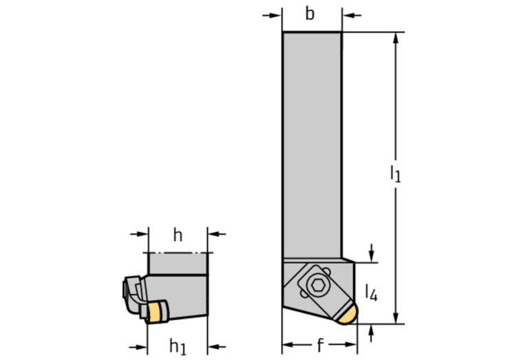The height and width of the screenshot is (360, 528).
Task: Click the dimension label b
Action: point(310,14)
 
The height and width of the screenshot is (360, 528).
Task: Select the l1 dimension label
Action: point(395,173)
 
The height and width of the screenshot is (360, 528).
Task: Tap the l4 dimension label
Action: point(372,293)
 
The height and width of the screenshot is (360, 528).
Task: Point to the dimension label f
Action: point(320,345)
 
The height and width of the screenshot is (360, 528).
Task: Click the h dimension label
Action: point(178,235)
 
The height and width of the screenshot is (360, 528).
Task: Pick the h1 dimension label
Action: point(178,346)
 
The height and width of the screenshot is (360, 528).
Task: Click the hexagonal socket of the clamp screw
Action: point(317,285)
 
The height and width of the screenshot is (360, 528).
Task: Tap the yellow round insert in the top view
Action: point(348,315)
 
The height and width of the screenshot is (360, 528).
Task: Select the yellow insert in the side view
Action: point(154,313)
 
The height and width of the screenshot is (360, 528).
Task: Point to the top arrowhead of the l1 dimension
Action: point(396,38)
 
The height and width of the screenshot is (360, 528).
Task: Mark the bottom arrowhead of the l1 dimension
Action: point(396,318)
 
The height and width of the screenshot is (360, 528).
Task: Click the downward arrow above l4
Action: point(371,253)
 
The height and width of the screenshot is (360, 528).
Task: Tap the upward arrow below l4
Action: point(371,333)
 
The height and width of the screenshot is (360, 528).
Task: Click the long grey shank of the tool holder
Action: point(312,145)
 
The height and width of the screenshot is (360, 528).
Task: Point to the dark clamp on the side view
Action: point(133,293)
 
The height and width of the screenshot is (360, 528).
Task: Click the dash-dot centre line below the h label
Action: point(178,253)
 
